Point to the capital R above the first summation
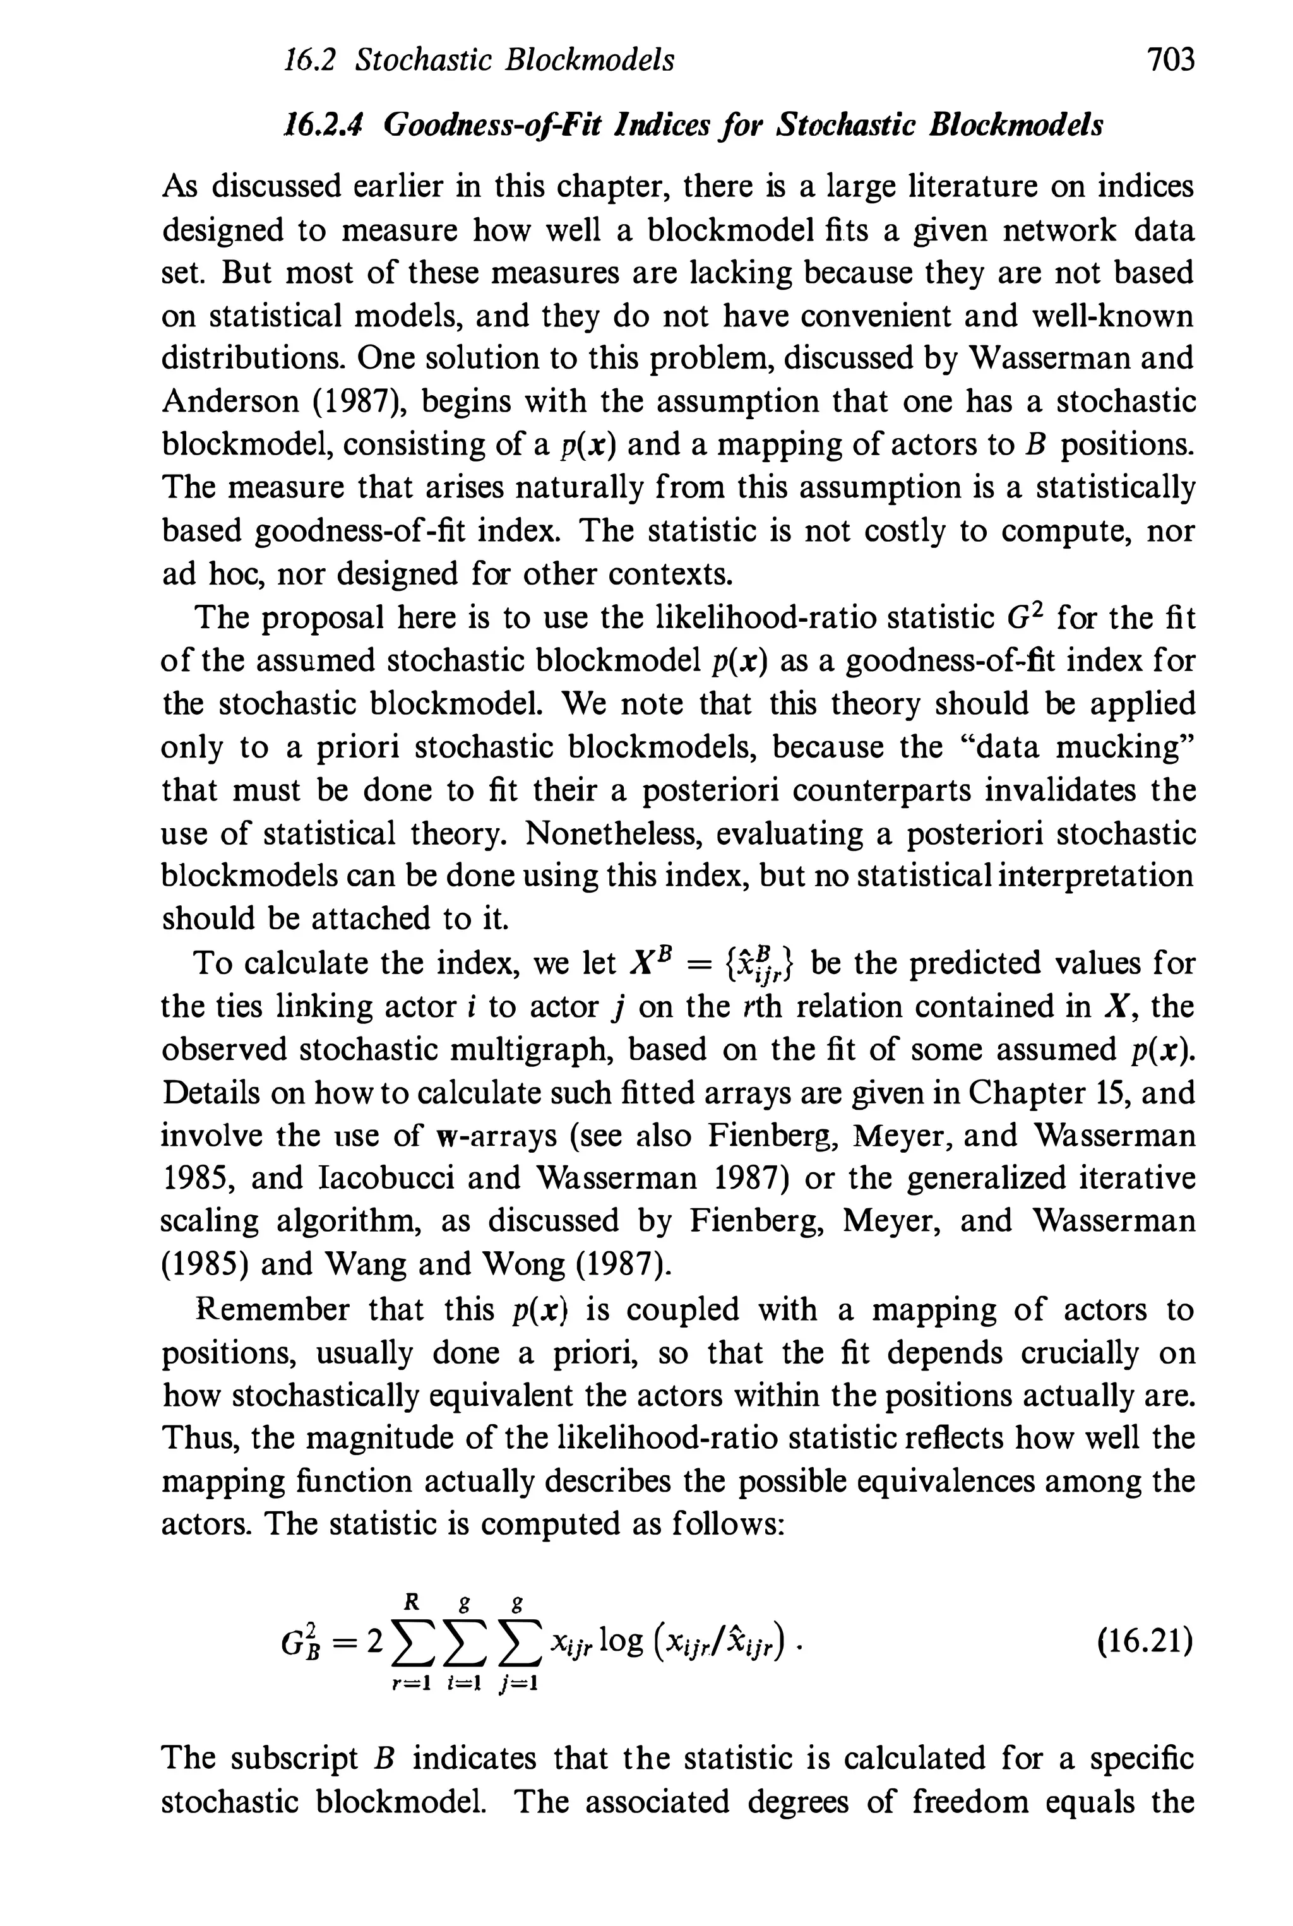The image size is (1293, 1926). point(413,1601)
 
